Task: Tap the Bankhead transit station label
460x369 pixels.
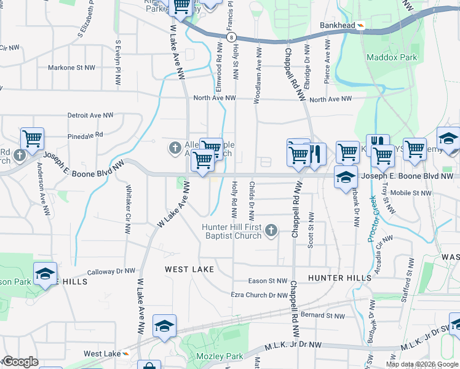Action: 338,25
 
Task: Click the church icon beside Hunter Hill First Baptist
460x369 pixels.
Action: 271,231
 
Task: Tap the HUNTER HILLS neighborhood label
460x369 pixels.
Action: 340,278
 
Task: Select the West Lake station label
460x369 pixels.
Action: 102,354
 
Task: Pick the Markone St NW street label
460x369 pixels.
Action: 72,68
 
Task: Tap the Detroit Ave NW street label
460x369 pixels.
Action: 90,115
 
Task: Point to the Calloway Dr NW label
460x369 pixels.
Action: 111,271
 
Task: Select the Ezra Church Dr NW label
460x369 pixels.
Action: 259,295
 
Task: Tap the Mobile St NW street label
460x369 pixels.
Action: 411,193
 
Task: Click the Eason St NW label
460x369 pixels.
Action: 268,281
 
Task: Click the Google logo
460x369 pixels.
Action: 20,362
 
